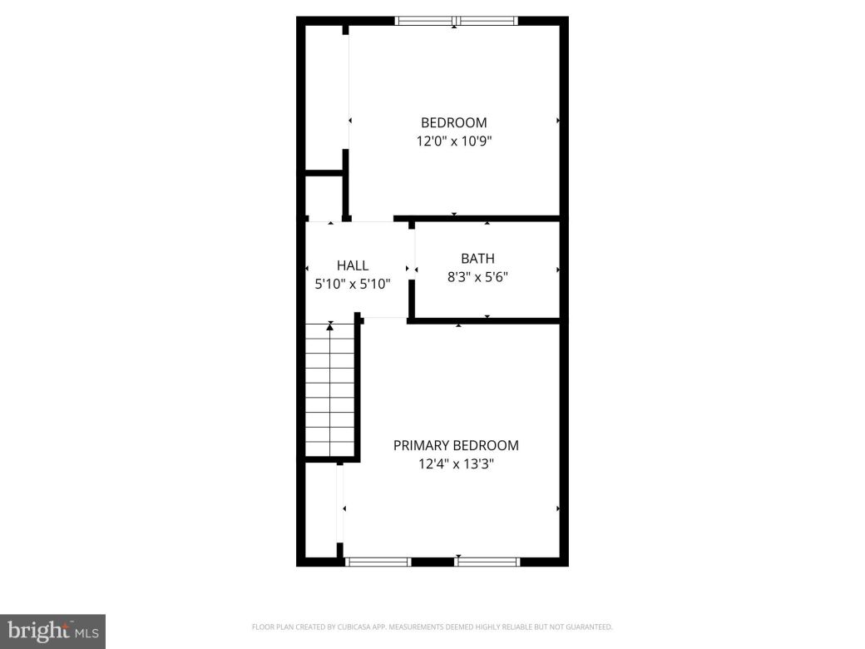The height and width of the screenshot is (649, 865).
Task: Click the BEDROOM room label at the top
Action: pyautogui.click(x=453, y=123)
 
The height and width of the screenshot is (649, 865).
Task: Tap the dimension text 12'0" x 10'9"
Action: pyautogui.click(x=453, y=141)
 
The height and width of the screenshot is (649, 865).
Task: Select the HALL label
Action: pyautogui.click(x=353, y=265)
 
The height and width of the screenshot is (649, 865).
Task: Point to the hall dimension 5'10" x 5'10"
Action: pyautogui.click(x=353, y=283)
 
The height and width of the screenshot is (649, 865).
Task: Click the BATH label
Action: pyautogui.click(x=477, y=259)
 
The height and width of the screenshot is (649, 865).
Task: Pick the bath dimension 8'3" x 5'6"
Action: pyautogui.click(x=477, y=276)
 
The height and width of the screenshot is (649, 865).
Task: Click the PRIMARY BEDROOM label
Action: pyautogui.click(x=456, y=445)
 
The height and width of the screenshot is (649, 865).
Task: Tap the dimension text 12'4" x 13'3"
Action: pyautogui.click(x=456, y=463)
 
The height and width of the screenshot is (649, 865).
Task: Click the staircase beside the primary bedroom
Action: pyautogui.click(x=331, y=391)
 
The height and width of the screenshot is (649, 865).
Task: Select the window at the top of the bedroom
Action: pyautogui.click(x=456, y=21)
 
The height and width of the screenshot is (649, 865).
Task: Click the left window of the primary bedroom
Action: pyautogui.click(x=378, y=562)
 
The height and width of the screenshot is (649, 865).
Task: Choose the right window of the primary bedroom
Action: pyautogui.click(x=487, y=562)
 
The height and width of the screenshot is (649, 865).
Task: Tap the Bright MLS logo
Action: pyautogui.click(x=52, y=631)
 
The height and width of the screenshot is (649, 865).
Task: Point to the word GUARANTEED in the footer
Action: pyautogui.click(x=590, y=627)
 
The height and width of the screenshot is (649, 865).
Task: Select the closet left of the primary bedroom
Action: pyautogui.click(x=321, y=509)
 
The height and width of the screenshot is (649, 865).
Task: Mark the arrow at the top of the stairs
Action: pyautogui.click(x=331, y=327)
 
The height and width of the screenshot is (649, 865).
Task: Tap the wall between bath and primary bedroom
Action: pyautogui.click(x=486, y=320)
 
